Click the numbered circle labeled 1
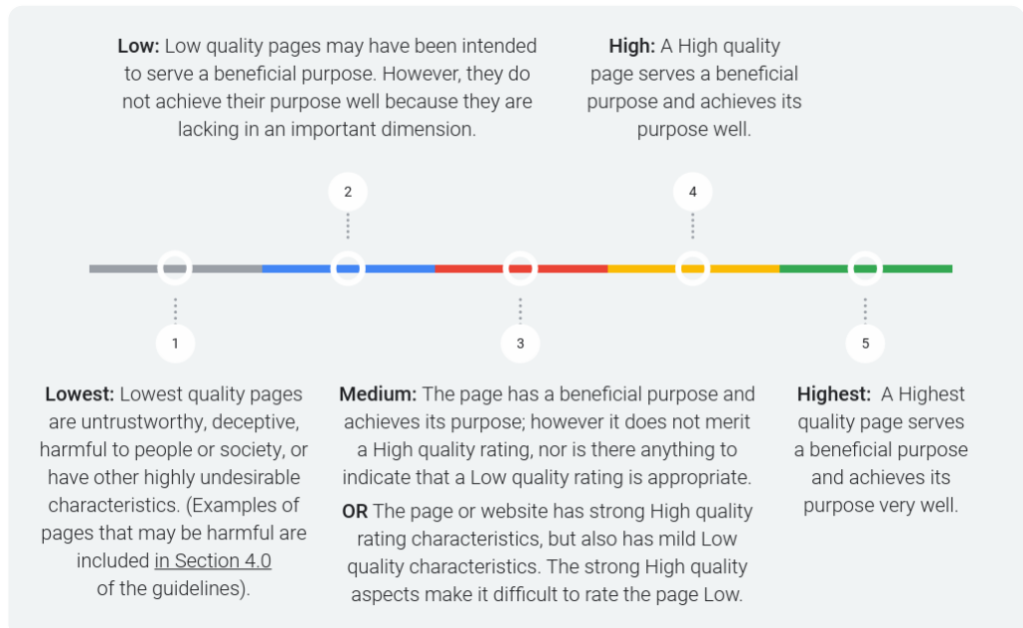click(x=175, y=343)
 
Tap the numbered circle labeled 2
click(x=348, y=192)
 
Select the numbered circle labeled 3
click(x=519, y=343)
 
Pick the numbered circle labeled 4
click(x=693, y=192)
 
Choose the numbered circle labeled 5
click(x=865, y=343)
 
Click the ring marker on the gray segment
click(x=175, y=253)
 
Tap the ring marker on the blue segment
click(x=348, y=253)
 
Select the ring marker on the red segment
click(x=519, y=253)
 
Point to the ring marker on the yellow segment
click(x=693, y=253)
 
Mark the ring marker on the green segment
click(x=865, y=253)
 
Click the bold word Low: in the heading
click(x=138, y=46)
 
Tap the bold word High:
click(x=631, y=46)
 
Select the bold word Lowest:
click(x=80, y=394)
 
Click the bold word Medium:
click(x=378, y=394)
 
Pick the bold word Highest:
click(x=834, y=394)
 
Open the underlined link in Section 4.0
click(x=213, y=561)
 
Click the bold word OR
click(x=355, y=511)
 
